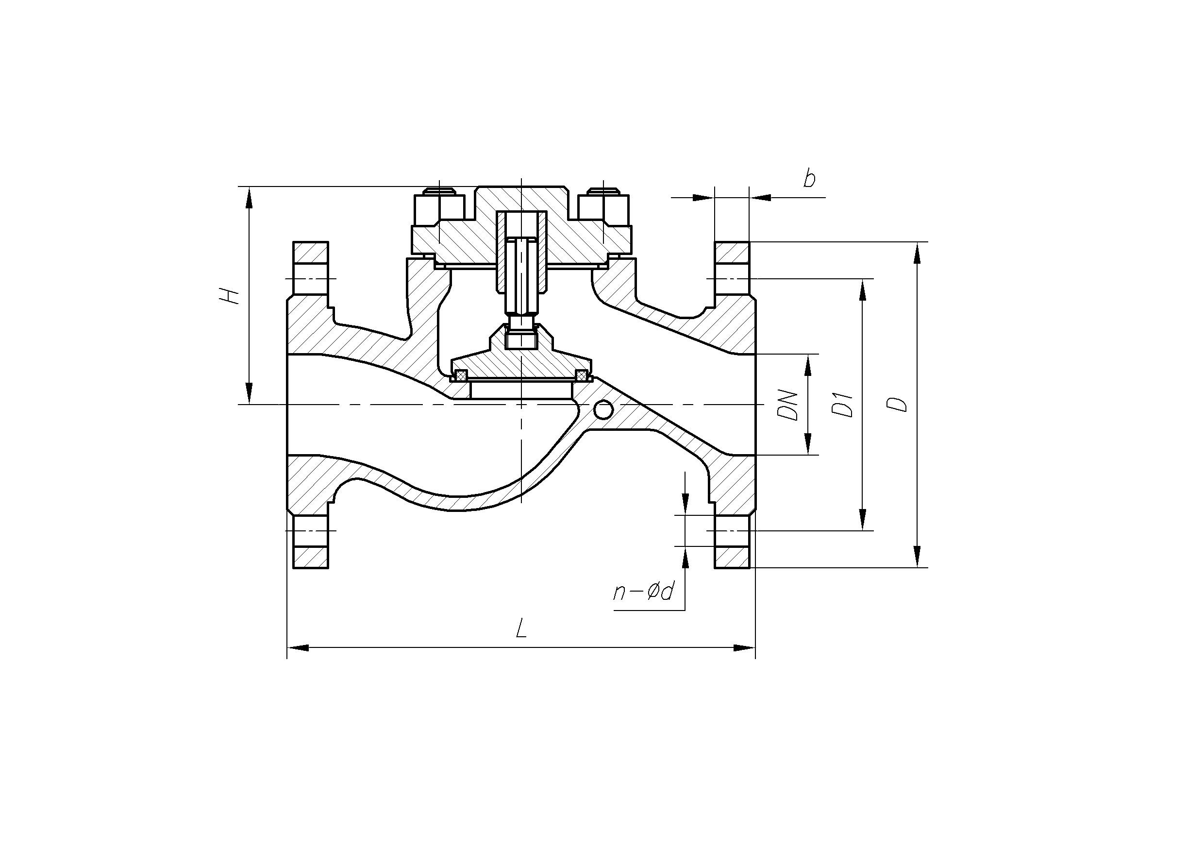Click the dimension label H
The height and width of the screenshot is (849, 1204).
tap(229, 296)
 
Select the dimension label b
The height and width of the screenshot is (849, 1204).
tap(810, 178)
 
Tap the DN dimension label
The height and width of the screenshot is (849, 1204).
tap(787, 405)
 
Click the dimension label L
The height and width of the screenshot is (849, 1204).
tap(521, 628)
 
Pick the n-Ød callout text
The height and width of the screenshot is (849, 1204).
tap(643, 592)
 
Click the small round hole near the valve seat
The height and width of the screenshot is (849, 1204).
tap(603, 410)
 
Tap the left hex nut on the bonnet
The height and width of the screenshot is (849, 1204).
tap(439, 207)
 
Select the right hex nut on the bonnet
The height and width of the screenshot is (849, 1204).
tap(603, 207)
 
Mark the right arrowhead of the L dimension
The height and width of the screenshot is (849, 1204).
tap(745, 648)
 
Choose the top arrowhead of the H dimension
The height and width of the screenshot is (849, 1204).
tap(249, 197)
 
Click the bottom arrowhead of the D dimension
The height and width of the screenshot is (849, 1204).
tap(917, 557)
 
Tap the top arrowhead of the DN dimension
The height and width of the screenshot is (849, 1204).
tap(807, 365)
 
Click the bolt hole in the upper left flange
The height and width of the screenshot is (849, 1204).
tap(311, 278)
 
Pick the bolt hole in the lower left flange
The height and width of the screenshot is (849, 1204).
tap(311, 531)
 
